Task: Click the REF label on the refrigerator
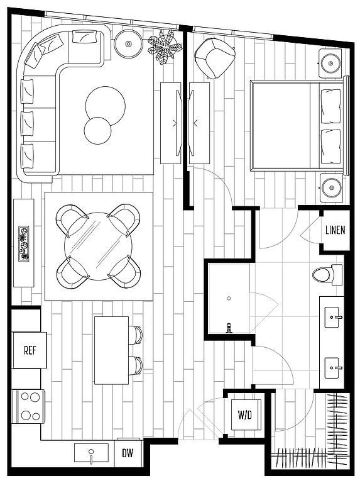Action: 30,350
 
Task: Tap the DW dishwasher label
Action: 128,453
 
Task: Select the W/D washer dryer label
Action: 245,414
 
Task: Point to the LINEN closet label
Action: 335,230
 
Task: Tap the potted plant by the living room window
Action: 165,47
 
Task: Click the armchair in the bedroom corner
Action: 215,58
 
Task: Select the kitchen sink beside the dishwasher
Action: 91,453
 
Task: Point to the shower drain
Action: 229,298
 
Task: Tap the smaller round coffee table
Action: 97,130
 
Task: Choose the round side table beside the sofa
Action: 128,44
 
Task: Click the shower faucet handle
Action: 229,328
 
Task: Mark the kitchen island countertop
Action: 111,350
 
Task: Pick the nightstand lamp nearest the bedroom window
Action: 330,64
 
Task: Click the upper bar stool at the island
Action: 136,335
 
